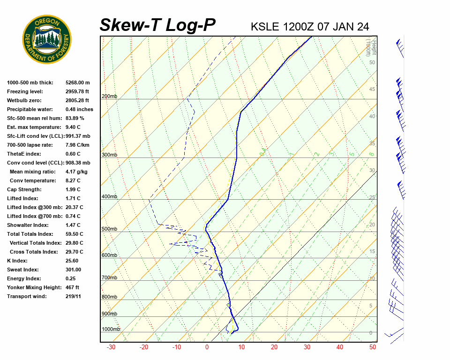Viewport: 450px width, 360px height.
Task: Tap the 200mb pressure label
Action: [109, 97]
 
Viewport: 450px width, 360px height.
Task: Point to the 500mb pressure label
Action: [109, 229]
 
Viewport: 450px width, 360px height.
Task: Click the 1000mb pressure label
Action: [111, 330]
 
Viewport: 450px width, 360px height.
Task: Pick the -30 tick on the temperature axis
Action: [111, 347]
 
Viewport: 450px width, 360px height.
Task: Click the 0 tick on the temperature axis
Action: [207, 347]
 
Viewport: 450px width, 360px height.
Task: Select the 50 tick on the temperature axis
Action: [373, 347]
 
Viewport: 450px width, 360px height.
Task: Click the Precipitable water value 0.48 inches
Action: [79, 110]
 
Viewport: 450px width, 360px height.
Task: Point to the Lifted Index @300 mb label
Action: [32, 208]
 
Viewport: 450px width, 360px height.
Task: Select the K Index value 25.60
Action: [72, 261]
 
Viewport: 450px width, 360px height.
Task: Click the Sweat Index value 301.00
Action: [73, 270]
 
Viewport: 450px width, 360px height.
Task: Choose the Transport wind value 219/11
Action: [73, 297]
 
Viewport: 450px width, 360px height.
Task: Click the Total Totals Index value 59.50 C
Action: [75, 234]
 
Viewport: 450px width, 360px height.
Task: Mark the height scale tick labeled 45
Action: [372, 90]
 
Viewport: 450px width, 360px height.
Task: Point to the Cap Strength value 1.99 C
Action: [73, 190]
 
